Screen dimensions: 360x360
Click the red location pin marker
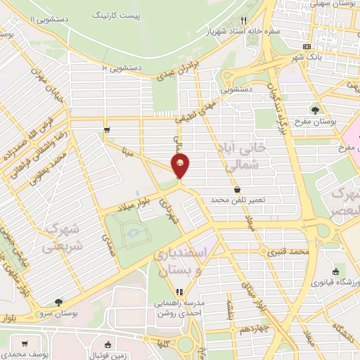(x=180, y=165)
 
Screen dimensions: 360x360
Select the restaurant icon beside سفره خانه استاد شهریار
(x=243, y=20)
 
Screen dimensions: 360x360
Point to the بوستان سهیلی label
(x=334, y=4)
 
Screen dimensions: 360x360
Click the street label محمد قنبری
(x=288, y=252)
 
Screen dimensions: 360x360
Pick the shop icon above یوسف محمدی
(x=25, y=344)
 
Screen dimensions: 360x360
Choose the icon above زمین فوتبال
(x=107, y=345)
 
